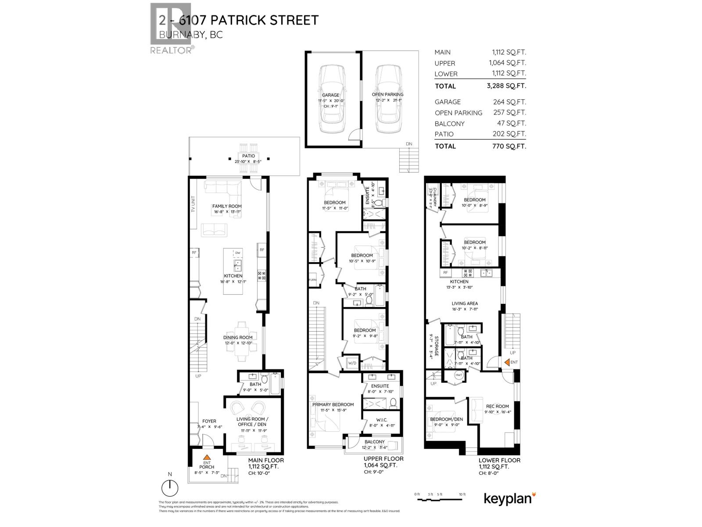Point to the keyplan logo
509,498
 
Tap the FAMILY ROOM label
227,206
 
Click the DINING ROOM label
238,338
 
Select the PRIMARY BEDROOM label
333,404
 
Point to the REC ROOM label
497,406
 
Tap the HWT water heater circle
459,375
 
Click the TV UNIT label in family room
193,204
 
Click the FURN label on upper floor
313,280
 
